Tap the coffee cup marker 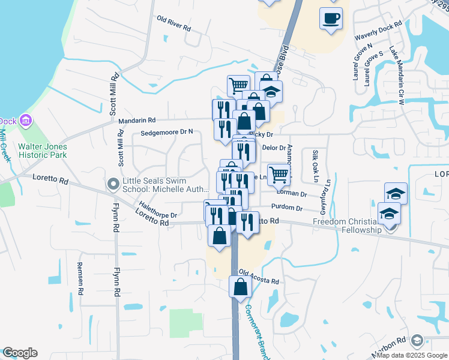331,18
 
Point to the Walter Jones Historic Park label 43,151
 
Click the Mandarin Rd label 136,120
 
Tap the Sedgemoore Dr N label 167,133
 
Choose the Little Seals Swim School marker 112,184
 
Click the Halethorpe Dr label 158,209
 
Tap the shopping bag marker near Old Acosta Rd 240,286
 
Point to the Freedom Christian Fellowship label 348,226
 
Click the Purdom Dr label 286,208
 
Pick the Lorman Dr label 292,194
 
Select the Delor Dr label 274,148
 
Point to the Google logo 20,353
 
